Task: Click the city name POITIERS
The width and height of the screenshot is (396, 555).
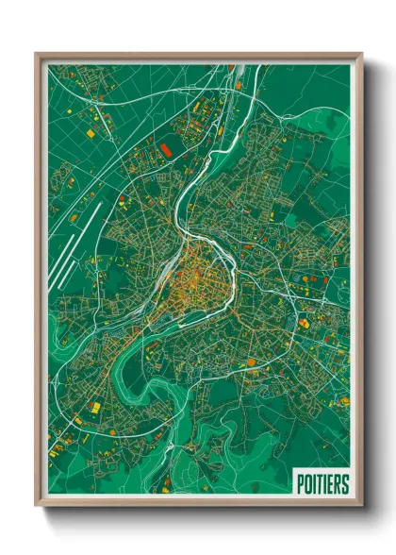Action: click(x=322, y=484)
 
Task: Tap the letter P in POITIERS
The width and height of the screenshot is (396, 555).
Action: click(x=300, y=484)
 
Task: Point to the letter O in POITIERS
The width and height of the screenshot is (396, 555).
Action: click(x=307, y=484)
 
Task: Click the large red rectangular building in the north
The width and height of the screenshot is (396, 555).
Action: click(x=166, y=148)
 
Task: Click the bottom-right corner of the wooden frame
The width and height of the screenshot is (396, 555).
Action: click(x=361, y=506)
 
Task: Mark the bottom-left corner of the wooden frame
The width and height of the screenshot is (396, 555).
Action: click(x=37, y=506)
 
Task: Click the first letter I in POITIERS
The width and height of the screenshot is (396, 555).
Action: click(x=314, y=484)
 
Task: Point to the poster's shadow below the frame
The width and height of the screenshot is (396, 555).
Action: click(x=198, y=517)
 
